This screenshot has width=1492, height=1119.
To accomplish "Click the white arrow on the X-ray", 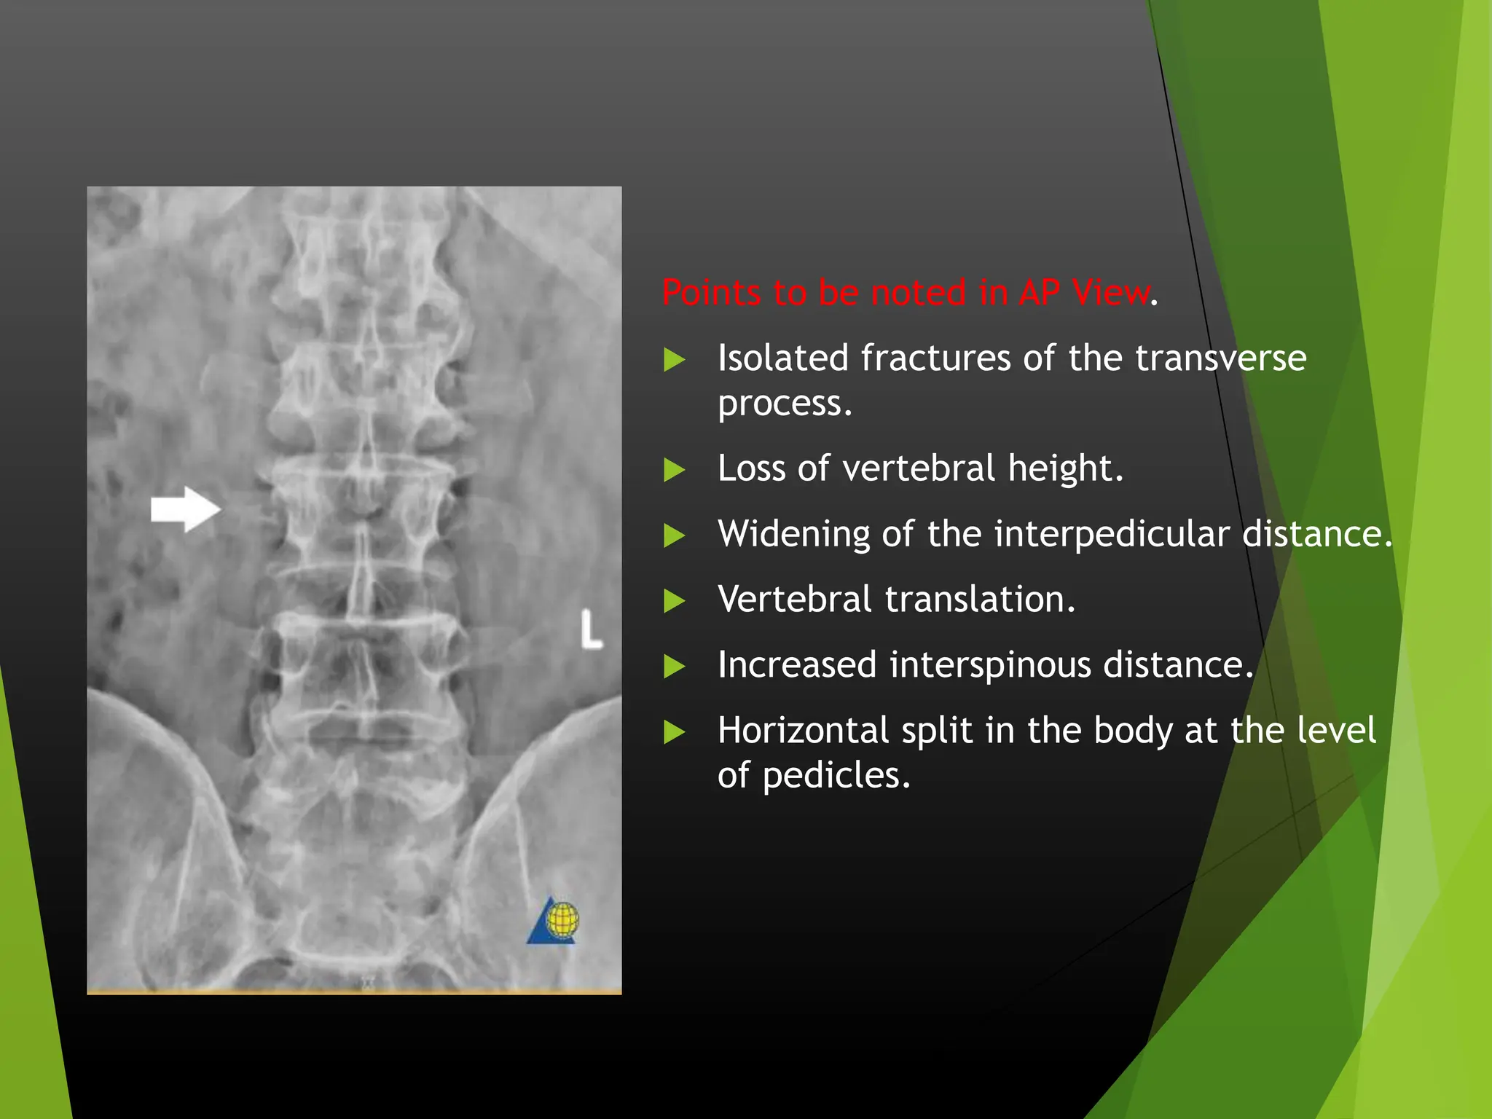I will [x=185, y=509].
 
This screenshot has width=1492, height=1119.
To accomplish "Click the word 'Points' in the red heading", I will [x=710, y=293].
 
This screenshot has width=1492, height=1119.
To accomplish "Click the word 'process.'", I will [x=785, y=404].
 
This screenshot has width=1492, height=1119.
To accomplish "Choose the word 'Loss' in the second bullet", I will [x=750, y=468].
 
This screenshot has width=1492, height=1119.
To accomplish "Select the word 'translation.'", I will [x=980, y=600].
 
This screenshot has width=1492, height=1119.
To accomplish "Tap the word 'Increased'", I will [x=796, y=665].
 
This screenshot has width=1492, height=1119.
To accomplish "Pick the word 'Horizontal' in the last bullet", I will [x=803, y=731].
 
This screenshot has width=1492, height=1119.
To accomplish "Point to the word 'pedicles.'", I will [x=836, y=776].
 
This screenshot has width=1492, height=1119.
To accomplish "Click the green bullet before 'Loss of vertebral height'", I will [x=675, y=470].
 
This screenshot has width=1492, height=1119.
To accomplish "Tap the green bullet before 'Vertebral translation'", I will [x=675, y=602].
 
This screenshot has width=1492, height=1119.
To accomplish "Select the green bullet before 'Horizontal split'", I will [x=675, y=732].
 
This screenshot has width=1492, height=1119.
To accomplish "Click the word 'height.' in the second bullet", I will [x=1066, y=468].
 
